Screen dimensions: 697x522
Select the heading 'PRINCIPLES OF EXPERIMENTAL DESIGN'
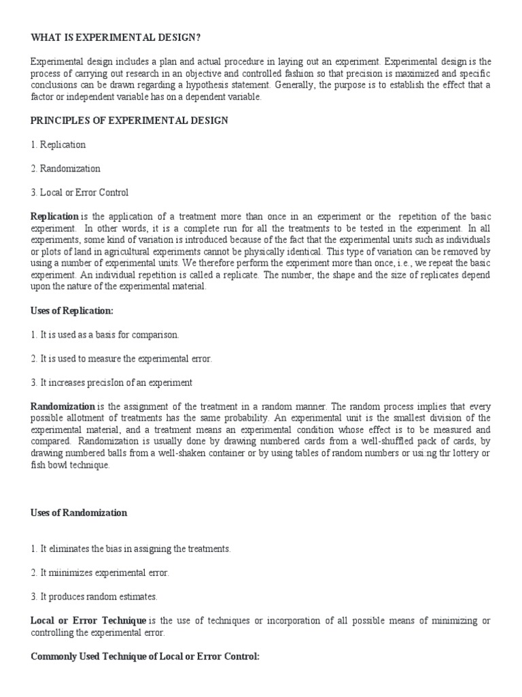tap(129, 120)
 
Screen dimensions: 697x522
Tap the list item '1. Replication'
tap(58, 144)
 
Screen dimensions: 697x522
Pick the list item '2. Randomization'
tap(65, 168)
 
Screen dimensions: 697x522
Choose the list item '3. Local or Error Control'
tap(80, 192)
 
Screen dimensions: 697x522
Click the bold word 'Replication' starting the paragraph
tap(55, 216)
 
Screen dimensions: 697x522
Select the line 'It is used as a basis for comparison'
tap(105, 334)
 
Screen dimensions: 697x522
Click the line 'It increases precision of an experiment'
tap(111, 382)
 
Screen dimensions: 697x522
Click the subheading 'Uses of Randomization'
tap(79, 513)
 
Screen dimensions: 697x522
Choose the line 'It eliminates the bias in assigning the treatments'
tap(130, 549)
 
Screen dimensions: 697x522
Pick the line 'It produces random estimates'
tap(94, 596)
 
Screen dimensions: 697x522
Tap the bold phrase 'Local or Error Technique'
tap(88, 620)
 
